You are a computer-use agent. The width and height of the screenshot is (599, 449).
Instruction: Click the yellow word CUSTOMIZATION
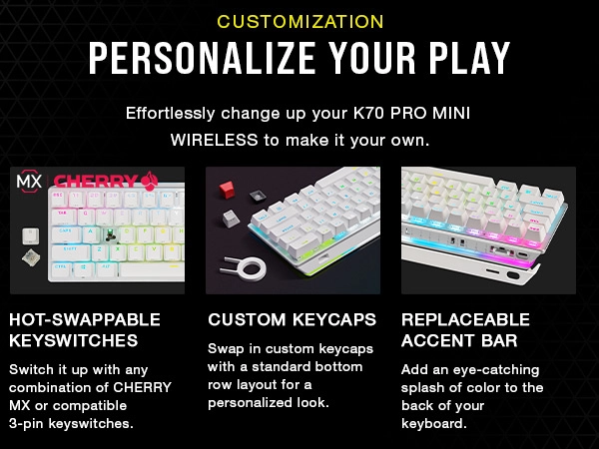[300, 22]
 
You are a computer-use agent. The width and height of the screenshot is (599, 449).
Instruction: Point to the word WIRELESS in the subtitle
[214, 140]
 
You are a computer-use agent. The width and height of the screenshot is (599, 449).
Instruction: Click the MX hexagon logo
[29, 181]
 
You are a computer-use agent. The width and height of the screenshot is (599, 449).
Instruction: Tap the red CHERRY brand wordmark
[96, 181]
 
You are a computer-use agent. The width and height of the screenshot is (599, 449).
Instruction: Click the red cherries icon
[150, 181]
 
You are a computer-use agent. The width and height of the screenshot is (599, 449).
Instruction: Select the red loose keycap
[227, 190]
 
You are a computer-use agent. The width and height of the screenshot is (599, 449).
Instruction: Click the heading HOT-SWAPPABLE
[85, 320]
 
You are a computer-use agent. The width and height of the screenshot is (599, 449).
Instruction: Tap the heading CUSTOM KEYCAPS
[292, 320]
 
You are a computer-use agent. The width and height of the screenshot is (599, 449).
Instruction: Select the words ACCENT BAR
[459, 340]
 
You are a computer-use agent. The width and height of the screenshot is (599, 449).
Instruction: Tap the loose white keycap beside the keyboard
[31, 235]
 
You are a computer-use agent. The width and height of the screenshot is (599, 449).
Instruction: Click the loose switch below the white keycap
[31, 258]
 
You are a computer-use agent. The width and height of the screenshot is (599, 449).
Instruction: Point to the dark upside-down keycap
[259, 197]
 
